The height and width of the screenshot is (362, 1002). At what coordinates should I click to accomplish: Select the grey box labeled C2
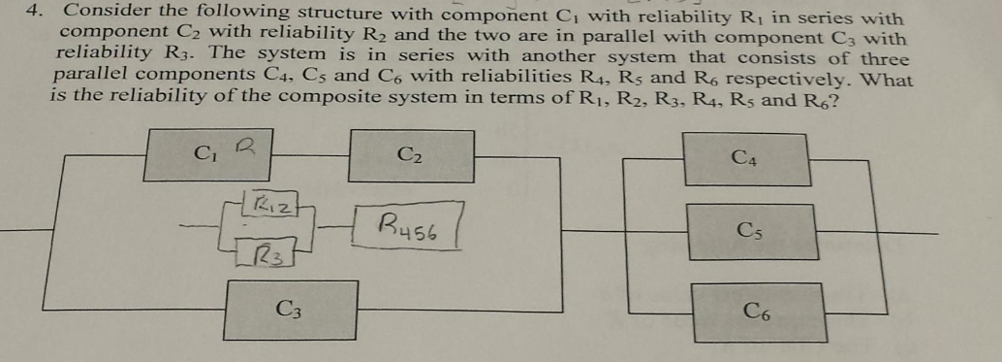pyautogui.click(x=411, y=155)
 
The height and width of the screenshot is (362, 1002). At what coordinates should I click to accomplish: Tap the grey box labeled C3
pyautogui.click(x=288, y=309)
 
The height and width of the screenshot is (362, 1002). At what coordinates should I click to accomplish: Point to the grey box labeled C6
pyautogui.click(x=759, y=312)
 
